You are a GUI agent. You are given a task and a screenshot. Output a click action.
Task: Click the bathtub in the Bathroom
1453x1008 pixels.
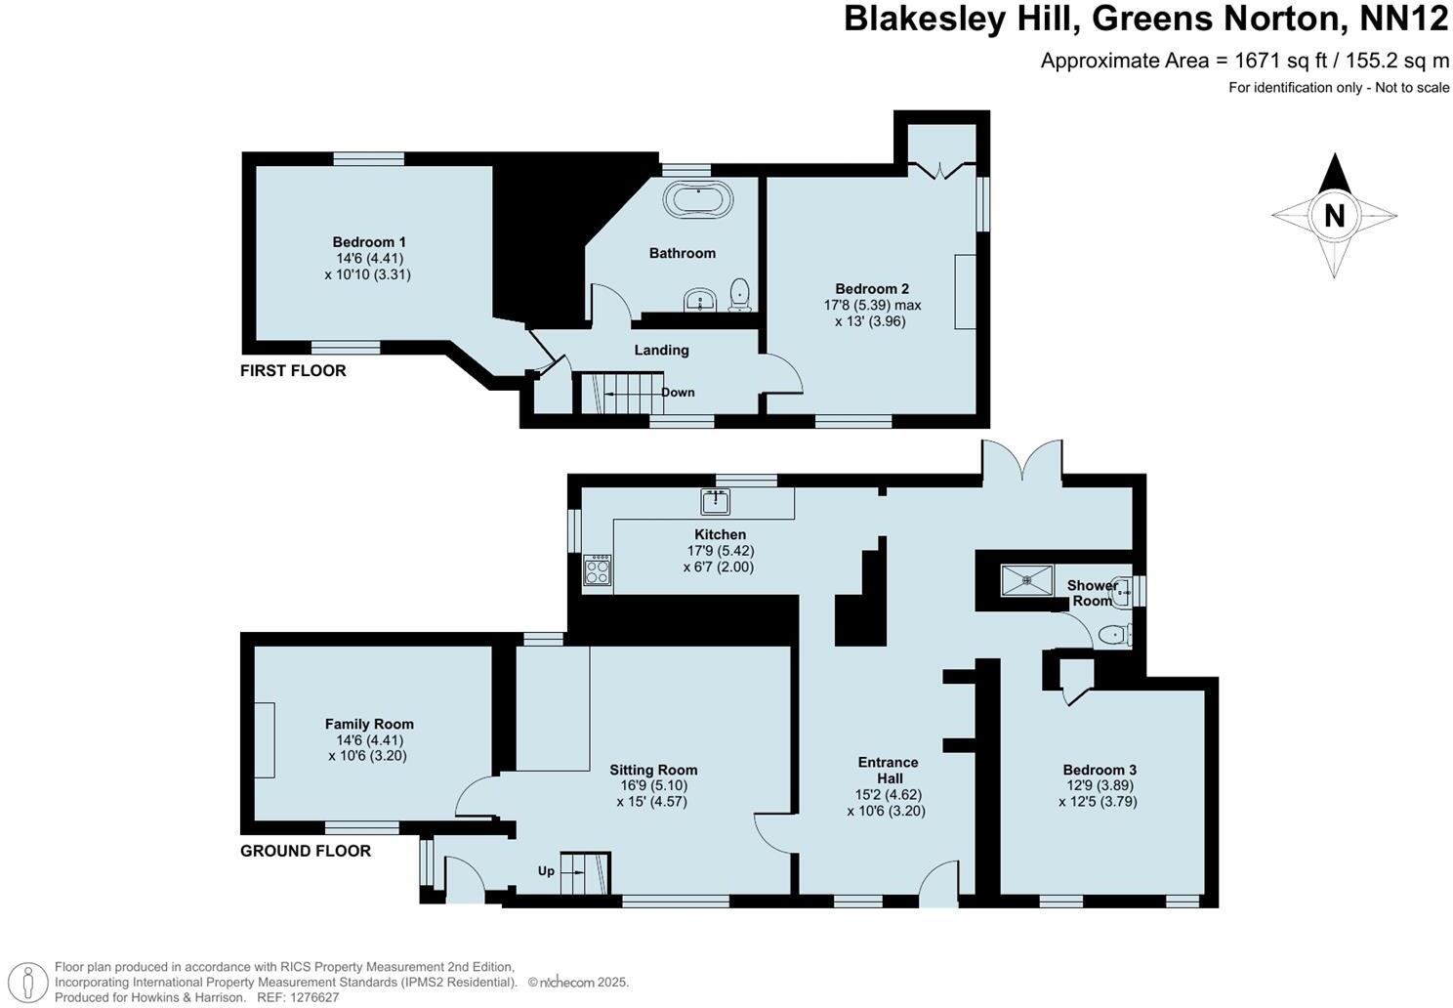(x=698, y=199)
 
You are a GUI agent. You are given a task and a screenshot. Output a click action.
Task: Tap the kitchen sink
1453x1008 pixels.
(x=716, y=502)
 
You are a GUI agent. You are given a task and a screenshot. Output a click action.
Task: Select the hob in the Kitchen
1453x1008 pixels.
(x=597, y=570)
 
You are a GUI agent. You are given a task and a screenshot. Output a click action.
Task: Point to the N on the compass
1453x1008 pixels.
(x=1334, y=215)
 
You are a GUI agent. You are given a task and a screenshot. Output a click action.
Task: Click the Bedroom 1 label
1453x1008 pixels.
(x=369, y=242)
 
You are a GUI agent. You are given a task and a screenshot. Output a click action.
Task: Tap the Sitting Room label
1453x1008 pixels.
(x=653, y=770)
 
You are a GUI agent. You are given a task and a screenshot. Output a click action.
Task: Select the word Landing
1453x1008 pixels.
(x=661, y=350)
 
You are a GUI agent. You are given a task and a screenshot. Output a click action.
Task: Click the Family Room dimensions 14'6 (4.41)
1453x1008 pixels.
(x=368, y=739)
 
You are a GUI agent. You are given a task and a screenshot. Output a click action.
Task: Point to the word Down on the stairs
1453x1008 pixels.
(x=678, y=393)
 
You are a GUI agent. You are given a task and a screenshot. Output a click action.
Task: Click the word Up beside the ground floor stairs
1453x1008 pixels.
(x=546, y=870)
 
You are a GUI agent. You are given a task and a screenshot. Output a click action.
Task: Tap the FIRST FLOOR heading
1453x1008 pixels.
(x=293, y=371)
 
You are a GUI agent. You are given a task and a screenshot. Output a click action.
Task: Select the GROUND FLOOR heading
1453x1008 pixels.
(x=306, y=851)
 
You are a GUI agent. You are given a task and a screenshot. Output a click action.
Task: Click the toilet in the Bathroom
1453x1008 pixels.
(x=740, y=293)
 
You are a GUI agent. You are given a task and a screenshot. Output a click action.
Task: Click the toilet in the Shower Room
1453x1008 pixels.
(x=1111, y=636)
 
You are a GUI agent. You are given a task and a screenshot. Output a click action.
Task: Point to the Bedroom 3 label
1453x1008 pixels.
(x=1100, y=770)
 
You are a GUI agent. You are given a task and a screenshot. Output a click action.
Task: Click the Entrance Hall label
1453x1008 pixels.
(x=888, y=770)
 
